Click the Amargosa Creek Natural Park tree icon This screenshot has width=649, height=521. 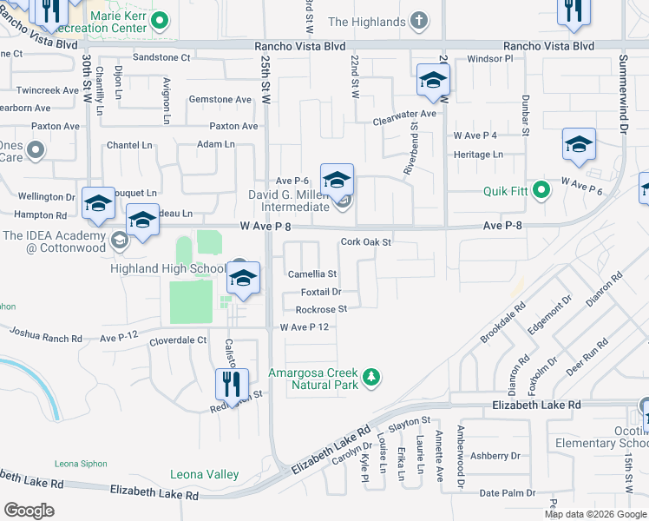pos(371,376)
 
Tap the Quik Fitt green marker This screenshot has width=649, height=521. pos(541,188)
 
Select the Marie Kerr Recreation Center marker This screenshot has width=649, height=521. pos(159,20)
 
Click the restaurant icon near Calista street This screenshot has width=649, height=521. pos(233,385)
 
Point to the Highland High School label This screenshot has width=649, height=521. pos(167,267)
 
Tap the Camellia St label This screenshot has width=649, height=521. pos(311,274)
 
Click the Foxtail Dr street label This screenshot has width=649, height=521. pos(320,292)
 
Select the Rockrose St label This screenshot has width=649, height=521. pos(321,308)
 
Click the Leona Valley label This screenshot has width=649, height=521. pos(204,474)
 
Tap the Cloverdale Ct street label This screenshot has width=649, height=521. pos(177,340)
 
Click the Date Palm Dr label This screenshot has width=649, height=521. pos(501,492)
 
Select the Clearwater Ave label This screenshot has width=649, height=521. pos(404,114)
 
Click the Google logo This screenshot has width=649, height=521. pos(29,511)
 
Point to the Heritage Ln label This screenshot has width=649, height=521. pos(478,155)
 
